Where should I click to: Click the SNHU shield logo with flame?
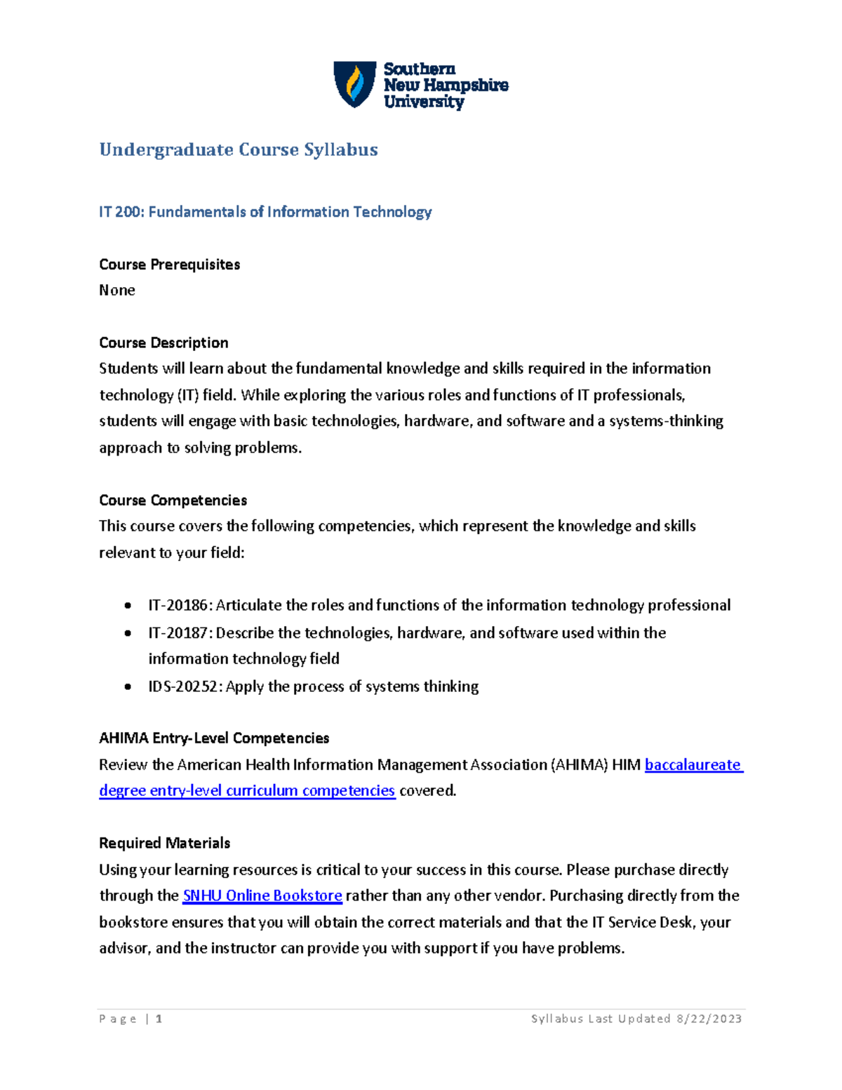click(354, 84)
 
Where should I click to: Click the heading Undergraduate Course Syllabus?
click(239, 149)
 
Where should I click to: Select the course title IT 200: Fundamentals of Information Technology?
click(265, 212)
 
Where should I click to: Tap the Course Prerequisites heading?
click(169, 265)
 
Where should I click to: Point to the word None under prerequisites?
click(116, 291)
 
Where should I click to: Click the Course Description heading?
click(163, 343)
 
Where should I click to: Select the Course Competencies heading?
click(173, 500)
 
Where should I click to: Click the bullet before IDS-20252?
click(128, 686)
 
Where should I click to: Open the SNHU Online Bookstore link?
click(262, 896)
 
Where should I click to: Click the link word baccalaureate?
click(693, 765)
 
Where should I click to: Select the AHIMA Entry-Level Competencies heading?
click(214, 738)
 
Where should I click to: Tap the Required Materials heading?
click(164, 843)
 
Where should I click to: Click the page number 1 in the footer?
click(159, 1018)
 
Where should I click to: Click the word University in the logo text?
click(423, 102)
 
